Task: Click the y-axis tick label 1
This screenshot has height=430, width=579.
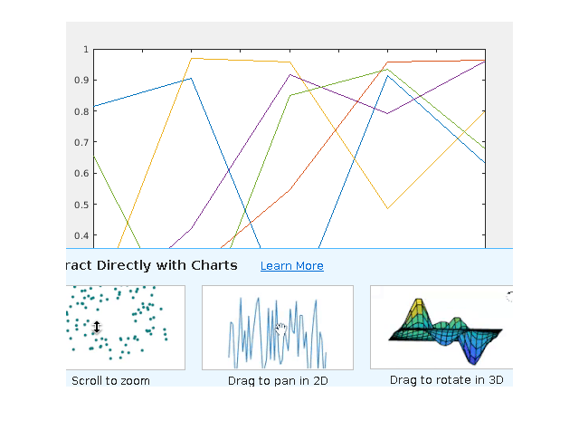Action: point(85,50)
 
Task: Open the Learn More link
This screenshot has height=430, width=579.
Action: point(291,266)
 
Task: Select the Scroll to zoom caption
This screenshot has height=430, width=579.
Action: point(110,380)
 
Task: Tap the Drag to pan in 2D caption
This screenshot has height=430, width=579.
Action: point(278,381)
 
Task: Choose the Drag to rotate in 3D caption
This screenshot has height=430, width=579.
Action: point(446,380)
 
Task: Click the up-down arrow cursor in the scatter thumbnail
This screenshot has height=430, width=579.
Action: point(97,326)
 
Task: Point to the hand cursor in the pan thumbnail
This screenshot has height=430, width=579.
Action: point(281,328)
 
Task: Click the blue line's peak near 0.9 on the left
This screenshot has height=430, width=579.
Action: point(192,78)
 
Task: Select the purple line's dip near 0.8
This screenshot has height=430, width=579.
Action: point(387,113)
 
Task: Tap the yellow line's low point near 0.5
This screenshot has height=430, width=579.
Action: point(387,209)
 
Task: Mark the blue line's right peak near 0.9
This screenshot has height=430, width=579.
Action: point(387,75)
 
